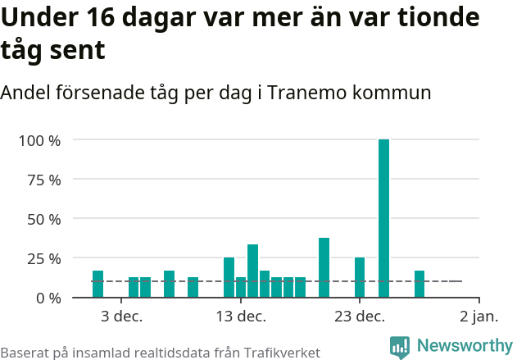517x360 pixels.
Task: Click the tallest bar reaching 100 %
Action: coord(383,218)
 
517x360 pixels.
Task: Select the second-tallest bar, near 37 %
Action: coord(324,267)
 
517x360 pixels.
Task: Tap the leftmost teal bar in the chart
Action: coord(98,284)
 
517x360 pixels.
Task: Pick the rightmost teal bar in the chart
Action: coord(419,284)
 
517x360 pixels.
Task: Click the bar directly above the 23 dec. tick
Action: coord(360,277)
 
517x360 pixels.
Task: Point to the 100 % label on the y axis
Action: coord(39,140)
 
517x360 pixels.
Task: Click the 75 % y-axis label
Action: coord(43,180)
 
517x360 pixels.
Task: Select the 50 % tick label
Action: coord(43,219)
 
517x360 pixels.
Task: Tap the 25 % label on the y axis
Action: coord(43,258)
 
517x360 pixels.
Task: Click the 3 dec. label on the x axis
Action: coord(121,317)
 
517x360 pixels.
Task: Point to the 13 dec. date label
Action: coord(240,317)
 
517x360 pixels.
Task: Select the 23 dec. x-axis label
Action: coord(360,317)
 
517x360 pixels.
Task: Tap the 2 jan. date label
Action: coord(478,317)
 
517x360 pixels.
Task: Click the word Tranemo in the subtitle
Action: coord(311,93)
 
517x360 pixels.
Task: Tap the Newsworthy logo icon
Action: coord(400,347)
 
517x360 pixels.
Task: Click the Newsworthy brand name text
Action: coord(464,346)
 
